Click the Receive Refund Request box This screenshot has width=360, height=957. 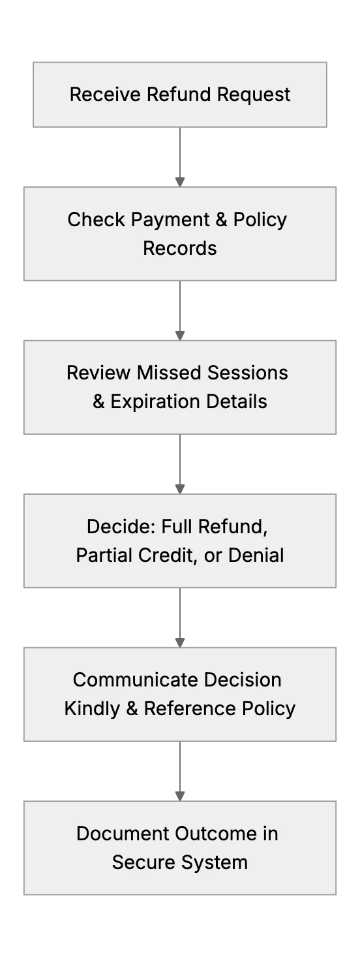coord(180,95)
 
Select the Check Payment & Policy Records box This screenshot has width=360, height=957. coord(180,233)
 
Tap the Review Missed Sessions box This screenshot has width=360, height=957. coord(180,387)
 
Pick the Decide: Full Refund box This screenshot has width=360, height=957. coord(180,541)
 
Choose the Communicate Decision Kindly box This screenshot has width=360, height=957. coord(180,694)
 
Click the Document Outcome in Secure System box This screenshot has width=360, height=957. coord(180,847)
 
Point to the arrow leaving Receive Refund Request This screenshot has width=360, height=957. coord(180,157)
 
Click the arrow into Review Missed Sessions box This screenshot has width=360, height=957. coord(180,310)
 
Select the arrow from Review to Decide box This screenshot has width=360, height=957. coord(180,464)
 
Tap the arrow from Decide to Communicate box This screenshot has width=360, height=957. coord(180,617)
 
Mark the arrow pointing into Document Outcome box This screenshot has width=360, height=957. coord(180,771)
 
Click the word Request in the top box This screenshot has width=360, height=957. coord(254,95)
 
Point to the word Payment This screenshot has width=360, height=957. coord(170,220)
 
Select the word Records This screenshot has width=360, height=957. coord(180,248)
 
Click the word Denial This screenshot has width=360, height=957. coord(256,555)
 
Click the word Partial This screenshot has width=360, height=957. coord(104,555)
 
